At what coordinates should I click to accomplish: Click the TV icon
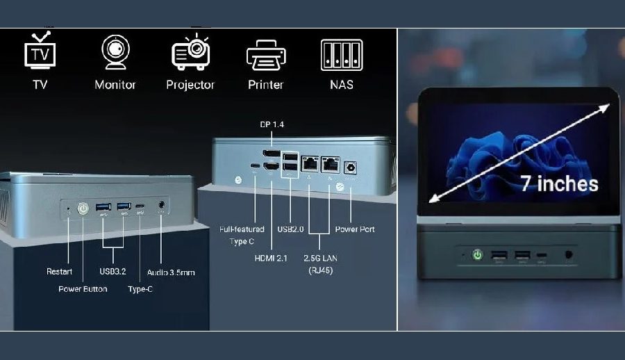[40, 52]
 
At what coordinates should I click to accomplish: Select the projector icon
[190, 52]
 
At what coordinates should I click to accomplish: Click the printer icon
[266, 54]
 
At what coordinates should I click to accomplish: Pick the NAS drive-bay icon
[342, 54]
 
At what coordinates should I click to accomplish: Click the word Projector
[190, 85]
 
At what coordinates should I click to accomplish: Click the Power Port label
[355, 229]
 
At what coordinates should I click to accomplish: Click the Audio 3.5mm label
[171, 272]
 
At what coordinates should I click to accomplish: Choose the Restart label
[59, 272]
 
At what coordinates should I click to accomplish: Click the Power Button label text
[83, 288]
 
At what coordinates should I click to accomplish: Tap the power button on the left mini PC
[83, 207]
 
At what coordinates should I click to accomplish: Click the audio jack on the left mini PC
[162, 205]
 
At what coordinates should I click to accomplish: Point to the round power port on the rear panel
[350, 167]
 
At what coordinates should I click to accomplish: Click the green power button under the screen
[478, 255]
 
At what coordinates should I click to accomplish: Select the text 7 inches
[559, 183]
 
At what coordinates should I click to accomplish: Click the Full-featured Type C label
[242, 235]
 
